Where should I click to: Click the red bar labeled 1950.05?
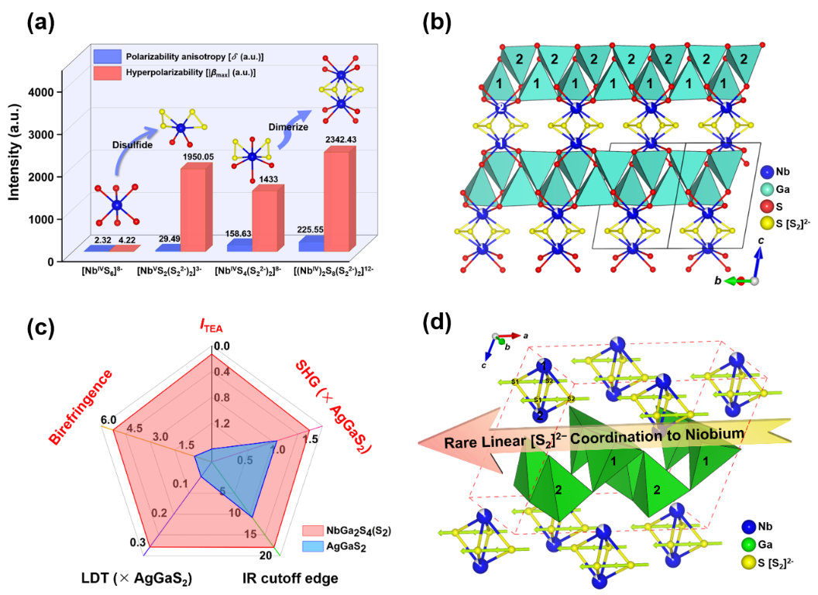click(x=193, y=209)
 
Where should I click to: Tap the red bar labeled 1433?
click(x=264, y=220)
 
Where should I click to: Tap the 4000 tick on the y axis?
click(x=40, y=92)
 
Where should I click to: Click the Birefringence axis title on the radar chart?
click(x=81, y=407)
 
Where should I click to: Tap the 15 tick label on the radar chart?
click(x=249, y=534)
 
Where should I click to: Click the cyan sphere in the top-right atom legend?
click(x=767, y=189)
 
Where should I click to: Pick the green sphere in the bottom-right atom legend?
click(x=748, y=544)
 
